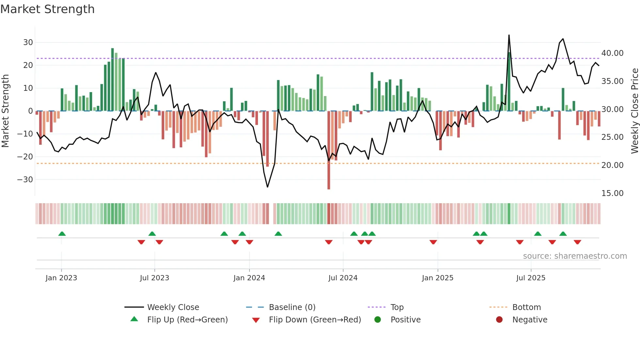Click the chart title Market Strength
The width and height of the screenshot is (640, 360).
(48, 9)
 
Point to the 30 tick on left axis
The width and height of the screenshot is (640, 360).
(28, 42)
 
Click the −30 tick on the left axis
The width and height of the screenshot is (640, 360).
(25, 180)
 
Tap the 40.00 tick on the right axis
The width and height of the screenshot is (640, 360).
(612, 53)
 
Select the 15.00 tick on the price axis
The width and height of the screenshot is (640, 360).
(612, 193)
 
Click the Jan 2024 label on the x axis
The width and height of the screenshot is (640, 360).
(249, 278)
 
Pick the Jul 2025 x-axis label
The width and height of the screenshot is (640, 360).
(531, 278)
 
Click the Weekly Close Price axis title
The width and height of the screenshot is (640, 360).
(634, 111)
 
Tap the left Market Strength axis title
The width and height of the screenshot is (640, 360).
(6, 111)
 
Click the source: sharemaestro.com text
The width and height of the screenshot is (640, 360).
(575, 256)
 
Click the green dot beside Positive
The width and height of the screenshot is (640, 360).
(378, 320)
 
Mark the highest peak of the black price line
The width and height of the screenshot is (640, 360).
(509, 35)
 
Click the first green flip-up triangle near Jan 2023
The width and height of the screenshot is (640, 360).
(62, 234)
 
